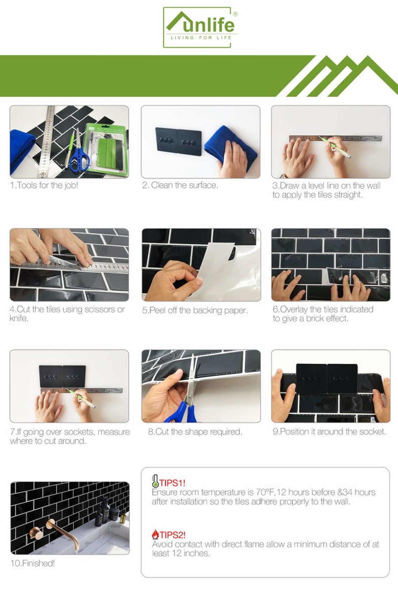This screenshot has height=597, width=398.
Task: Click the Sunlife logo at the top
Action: point(200,28)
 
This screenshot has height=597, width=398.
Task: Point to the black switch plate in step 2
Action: point(178,141)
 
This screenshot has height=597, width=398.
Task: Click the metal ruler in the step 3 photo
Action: point(336,139)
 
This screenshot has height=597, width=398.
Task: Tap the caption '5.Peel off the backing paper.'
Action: point(195,310)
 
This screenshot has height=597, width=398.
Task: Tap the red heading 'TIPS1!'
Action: point(172,483)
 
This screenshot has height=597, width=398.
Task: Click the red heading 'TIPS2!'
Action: point(172,535)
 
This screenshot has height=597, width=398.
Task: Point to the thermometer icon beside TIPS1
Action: point(155,481)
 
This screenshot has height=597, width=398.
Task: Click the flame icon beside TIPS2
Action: point(155,534)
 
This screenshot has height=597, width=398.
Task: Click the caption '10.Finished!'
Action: point(32,563)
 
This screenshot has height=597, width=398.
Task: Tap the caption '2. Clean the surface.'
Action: point(180,185)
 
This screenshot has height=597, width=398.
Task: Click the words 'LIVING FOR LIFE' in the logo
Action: point(201,38)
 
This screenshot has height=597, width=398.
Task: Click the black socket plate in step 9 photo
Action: point(327,378)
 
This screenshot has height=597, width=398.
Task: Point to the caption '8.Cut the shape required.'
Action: point(195,432)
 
